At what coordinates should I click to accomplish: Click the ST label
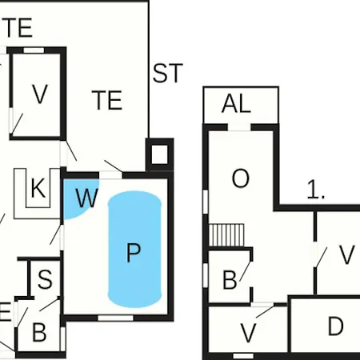coord(167,73)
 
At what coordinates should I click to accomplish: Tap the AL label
coord(236,104)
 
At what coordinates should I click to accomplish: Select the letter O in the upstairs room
coord(241,178)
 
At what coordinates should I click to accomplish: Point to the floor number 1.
coord(316,190)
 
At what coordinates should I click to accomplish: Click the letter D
coord(335,326)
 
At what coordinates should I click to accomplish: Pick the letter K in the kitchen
coord(38,188)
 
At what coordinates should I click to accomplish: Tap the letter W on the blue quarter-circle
coord(86,198)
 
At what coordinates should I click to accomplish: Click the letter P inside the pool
coord(133,253)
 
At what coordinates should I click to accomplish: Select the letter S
coord(45,279)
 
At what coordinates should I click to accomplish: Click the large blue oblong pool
coord(134,250)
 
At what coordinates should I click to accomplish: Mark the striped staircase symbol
coord(226,235)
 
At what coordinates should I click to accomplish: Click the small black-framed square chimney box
coord(159,154)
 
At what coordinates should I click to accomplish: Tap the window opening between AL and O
coord(239,127)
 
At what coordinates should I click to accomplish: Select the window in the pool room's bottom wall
coord(115,318)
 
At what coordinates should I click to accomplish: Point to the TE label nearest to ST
coord(107,100)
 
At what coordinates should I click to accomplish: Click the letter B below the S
coord(39,332)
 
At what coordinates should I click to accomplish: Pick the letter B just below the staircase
coord(230,280)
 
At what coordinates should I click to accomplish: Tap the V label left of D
coord(248,333)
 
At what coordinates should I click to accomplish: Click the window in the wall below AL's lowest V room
coord(243,356)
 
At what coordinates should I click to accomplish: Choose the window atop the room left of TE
coord(34,50)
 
